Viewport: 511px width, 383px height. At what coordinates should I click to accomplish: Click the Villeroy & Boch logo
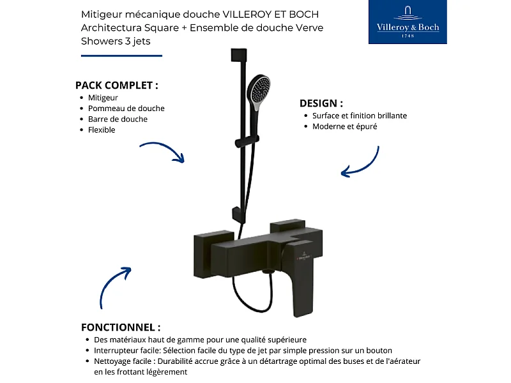(x=408, y=22)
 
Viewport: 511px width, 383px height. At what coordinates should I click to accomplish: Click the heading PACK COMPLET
(x=116, y=86)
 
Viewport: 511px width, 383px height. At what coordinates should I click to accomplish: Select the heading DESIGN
(x=321, y=103)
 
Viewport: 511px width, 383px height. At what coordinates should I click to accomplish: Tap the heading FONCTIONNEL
(x=121, y=327)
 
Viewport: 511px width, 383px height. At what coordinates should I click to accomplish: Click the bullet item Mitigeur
(x=103, y=98)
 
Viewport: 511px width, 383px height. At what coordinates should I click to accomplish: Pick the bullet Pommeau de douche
(x=126, y=109)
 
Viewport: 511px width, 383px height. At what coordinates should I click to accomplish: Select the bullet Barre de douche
(x=118, y=119)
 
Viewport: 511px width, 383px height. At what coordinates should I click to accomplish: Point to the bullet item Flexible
(x=102, y=130)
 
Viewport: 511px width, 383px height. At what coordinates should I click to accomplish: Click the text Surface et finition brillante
(x=359, y=116)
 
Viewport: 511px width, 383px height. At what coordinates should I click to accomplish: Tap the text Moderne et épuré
(x=344, y=126)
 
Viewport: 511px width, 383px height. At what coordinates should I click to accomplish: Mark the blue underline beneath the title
(x=121, y=56)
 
